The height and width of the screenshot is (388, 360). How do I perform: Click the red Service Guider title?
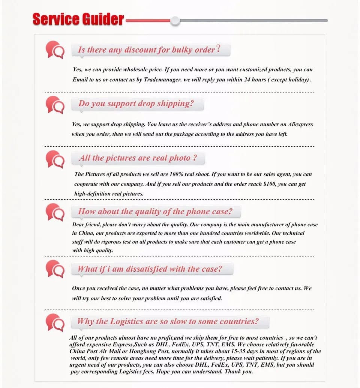click(78, 19)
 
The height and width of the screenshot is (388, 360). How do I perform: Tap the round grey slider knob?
click(175, 21)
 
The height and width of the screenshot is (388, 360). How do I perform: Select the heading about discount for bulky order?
click(149, 50)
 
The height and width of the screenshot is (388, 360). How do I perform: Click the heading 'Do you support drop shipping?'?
click(136, 104)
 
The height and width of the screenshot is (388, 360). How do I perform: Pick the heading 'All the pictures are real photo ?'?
click(138, 158)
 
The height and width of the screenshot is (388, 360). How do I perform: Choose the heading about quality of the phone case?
click(155, 212)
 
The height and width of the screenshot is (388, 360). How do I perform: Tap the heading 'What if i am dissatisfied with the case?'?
click(150, 269)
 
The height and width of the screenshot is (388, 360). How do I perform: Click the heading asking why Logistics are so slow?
click(168, 322)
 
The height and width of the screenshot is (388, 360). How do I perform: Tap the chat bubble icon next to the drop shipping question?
click(55, 105)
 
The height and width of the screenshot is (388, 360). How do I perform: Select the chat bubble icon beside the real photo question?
click(55, 159)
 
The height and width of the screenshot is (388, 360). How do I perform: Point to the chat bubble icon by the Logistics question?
click(55, 322)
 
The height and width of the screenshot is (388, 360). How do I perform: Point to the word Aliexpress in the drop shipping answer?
click(300, 124)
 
